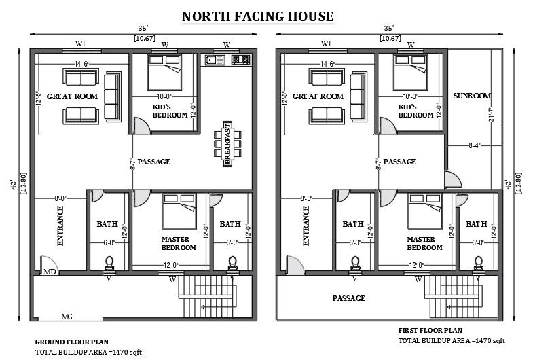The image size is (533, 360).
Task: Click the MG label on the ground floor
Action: (x=67, y=317)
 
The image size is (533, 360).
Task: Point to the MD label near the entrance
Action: (x=50, y=272)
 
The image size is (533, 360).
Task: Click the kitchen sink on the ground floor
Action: (x=215, y=60)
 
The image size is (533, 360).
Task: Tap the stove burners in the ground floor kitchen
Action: (x=240, y=60)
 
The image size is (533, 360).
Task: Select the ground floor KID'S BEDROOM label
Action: (x=170, y=111)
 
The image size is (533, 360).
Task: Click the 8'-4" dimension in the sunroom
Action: (x=475, y=145)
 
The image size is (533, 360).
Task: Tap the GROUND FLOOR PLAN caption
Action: (x=72, y=342)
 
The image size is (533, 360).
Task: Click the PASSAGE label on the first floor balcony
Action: (x=348, y=298)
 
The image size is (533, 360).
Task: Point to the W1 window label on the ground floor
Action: (x=80, y=44)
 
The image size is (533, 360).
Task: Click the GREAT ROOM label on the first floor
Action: (x=318, y=96)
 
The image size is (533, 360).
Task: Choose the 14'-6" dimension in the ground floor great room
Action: (x=82, y=64)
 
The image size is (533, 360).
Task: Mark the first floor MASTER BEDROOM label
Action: (x=425, y=243)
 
